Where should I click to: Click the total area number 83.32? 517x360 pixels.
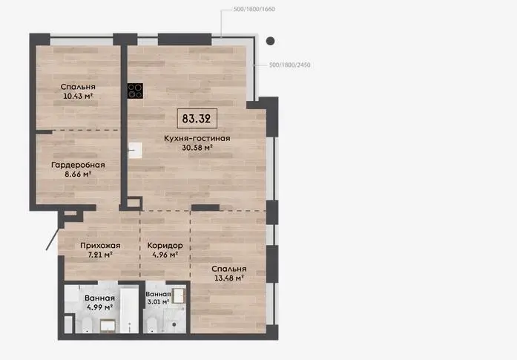(x=197, y=118)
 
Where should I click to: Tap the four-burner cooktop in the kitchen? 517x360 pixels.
(x=135, y=91)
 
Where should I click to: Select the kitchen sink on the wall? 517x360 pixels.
(x=135, y=150)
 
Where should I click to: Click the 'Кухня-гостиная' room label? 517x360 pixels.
(x=197, y=138)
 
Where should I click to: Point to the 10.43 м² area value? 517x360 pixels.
(x=78, y=96)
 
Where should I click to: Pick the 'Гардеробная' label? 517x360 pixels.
(x=78, y=165)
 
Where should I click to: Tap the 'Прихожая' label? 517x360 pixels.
(x=100, y=246)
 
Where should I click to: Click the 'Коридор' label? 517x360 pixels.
(x=165, y=246)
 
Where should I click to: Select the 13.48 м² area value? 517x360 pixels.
(x=228, y=278)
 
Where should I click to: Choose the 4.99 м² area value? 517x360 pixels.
(x=99, y=307)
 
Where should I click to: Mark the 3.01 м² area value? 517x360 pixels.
(x=158, y=301)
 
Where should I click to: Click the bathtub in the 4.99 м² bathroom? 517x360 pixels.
(x=129, y=310)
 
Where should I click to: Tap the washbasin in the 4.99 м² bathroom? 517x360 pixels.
(x=108, y=325)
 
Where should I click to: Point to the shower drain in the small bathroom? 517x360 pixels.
(x=174, y=324)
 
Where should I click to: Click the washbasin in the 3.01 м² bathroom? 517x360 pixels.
(x=179, y=295)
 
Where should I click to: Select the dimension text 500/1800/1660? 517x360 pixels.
(x=254, y=9)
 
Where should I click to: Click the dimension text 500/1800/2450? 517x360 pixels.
(x=290, y=65)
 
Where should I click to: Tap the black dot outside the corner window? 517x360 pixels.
(x=271, y=41)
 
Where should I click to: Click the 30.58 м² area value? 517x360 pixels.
(x=197, y=148)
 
